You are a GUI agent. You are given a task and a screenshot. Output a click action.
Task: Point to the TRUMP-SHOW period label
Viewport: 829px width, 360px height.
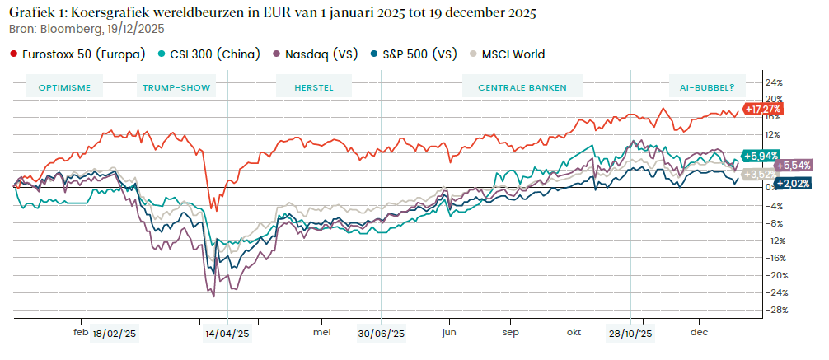tap(176, 86)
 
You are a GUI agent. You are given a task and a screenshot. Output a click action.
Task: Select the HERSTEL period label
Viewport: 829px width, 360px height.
tap(316, 86)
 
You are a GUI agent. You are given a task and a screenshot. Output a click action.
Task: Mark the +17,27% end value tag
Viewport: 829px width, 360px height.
tap(761, 108)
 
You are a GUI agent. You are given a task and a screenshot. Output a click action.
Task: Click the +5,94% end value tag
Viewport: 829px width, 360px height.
tap(760, 155)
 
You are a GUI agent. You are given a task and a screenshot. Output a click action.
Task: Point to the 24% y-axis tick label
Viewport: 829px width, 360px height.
tap(775, 82)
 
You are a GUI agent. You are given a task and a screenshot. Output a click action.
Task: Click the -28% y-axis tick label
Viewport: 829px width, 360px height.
tap(774, 310)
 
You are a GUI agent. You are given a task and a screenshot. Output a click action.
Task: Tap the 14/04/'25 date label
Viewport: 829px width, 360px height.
tap(227, 334)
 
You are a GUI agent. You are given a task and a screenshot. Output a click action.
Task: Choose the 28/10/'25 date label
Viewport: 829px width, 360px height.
tap(630, 334)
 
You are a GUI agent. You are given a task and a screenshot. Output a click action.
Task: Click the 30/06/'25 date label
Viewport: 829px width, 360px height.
tap(382, 334)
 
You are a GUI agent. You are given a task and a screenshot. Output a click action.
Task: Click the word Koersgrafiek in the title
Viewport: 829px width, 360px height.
tap(108, 12)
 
